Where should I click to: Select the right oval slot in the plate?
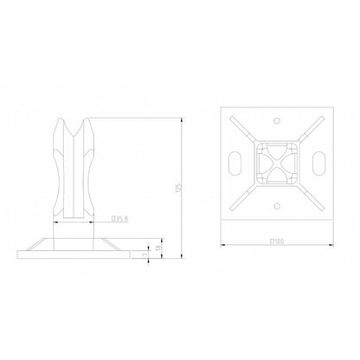tap(319, 163)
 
